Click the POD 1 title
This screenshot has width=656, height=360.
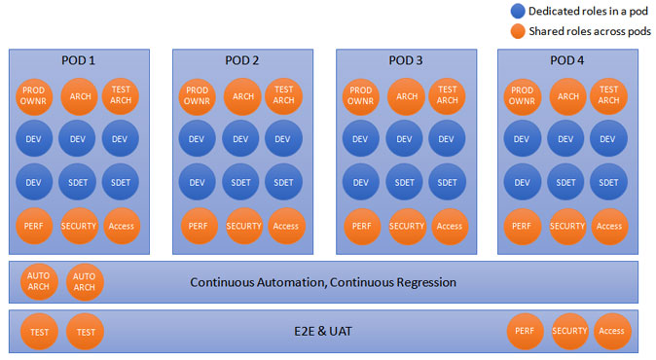click(x=78, y=60)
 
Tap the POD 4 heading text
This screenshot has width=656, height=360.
click(x=566, y=60)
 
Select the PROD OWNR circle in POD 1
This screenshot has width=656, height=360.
click(x=34, y=96)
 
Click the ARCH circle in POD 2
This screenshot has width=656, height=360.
click(x=242, y=96)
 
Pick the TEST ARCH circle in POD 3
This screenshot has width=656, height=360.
click(x=448, y=95)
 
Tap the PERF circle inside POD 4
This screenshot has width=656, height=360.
click(x=522, y=226)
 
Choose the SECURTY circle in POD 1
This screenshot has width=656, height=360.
click(x=79, y=226)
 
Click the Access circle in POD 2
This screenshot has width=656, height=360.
click(x=286, y=226)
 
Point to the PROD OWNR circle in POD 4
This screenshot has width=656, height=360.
click(x=522, y=96)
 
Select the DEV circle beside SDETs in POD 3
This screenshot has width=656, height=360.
click(x=361, y=182)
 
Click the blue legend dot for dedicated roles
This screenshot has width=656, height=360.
click(x=518, y=12)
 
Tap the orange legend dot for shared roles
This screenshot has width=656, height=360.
click(x=518, y=31)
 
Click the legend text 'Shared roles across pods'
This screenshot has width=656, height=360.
click(x=590, y=31)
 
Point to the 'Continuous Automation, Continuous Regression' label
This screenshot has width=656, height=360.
click(x=323, y=282)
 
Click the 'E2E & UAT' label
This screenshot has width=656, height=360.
click(x=323, y=332)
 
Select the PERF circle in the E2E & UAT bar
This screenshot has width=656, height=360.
click(x=525, y=331)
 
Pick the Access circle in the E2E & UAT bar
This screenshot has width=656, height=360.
click(x=611, y=331)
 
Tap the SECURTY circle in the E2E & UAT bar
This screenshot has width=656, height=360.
click(x=569, y=331)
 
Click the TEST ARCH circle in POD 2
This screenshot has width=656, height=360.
click(x=283, y=95)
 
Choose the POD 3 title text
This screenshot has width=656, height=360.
click(x=406, y=60)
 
